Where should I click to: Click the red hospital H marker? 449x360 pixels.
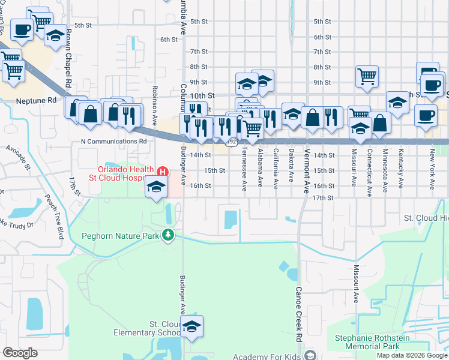pos(161,172)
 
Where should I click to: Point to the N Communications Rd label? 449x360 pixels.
pos(114,142)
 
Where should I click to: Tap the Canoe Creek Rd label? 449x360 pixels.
pos(297,306)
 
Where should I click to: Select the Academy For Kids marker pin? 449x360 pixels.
pos(310,355)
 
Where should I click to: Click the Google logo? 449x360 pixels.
pos(20,353)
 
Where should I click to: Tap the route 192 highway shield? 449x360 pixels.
pos(232,142)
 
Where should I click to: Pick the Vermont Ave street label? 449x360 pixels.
pos(307,170)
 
